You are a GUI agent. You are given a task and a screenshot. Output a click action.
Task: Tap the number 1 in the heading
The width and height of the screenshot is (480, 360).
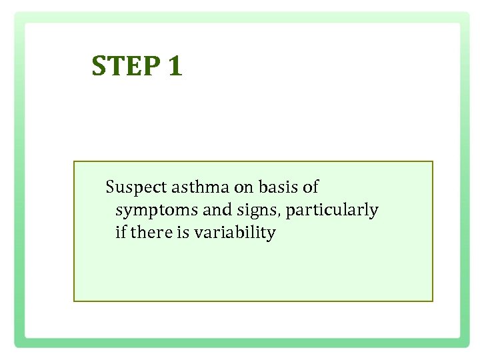coord(175,66)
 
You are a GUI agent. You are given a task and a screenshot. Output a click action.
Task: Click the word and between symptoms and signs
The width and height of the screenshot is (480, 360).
coord(216,210)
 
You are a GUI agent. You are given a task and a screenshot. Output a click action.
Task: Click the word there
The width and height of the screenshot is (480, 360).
coord(151,233)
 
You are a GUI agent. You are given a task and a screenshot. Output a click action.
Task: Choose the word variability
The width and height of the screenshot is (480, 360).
coord(235,233)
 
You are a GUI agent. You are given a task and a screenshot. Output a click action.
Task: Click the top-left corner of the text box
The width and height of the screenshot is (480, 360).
coord(74,161)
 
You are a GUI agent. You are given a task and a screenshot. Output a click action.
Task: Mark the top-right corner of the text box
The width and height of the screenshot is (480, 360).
coord(433,161)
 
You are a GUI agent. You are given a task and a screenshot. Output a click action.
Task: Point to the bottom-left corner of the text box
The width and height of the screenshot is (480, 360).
coord(74,301)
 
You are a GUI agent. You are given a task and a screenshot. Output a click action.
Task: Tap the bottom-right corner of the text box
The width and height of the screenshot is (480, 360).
coord(433,301)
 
